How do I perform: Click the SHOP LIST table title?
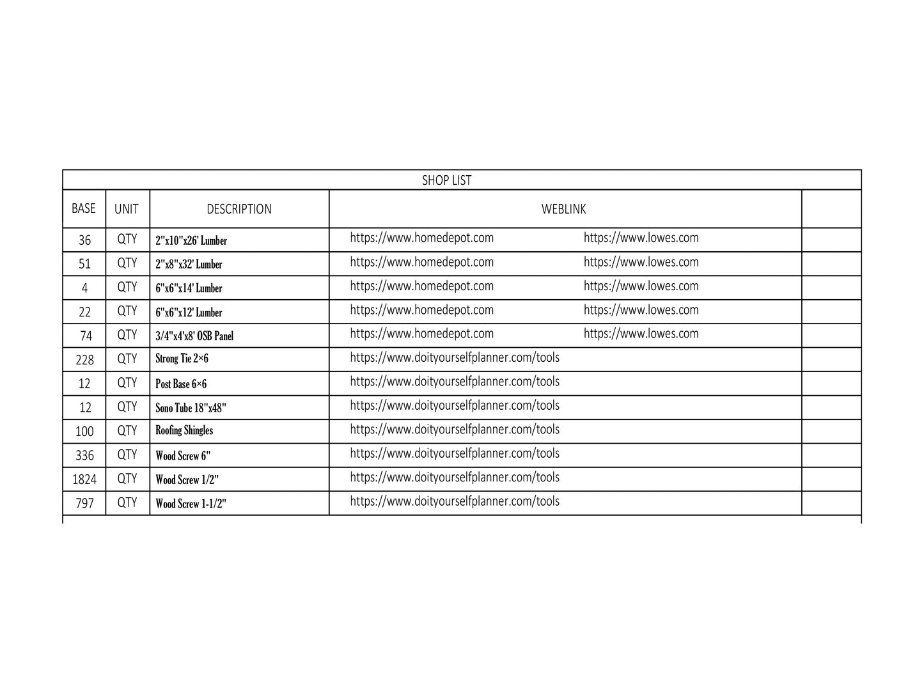446,180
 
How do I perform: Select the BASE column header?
84,208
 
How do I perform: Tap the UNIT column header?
127,209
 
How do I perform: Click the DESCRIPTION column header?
239,209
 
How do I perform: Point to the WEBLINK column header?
563,209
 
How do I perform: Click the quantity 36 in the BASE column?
84,240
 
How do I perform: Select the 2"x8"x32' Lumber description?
189,264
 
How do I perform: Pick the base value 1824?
84,479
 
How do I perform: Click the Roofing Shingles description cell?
184,430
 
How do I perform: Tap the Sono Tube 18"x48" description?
191,408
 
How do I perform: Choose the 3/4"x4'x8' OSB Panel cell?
194,336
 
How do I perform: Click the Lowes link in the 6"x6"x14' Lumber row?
641,286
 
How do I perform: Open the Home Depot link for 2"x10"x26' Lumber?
421,238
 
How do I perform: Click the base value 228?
84,360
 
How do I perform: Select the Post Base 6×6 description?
181,384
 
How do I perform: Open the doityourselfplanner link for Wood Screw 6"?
454,453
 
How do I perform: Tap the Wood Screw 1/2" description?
187,479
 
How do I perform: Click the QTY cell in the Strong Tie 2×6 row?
127,359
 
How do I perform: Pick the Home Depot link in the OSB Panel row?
421,334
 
